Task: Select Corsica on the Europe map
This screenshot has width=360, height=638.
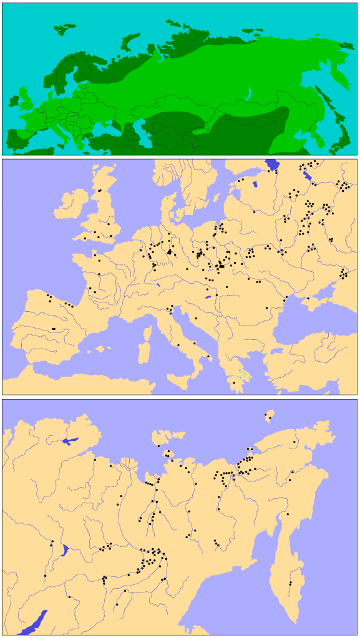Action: [148, 334]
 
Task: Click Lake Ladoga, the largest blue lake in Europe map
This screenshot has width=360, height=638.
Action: [273, 165]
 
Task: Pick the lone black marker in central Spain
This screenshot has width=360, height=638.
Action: [54, 328]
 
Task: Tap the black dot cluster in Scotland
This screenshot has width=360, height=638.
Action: [99, 190]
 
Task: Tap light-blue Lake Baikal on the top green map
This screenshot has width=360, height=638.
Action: [249, 95]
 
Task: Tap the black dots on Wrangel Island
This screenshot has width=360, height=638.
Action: [269, 415]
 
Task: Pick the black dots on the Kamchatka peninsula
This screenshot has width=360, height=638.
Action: [290, 584]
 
